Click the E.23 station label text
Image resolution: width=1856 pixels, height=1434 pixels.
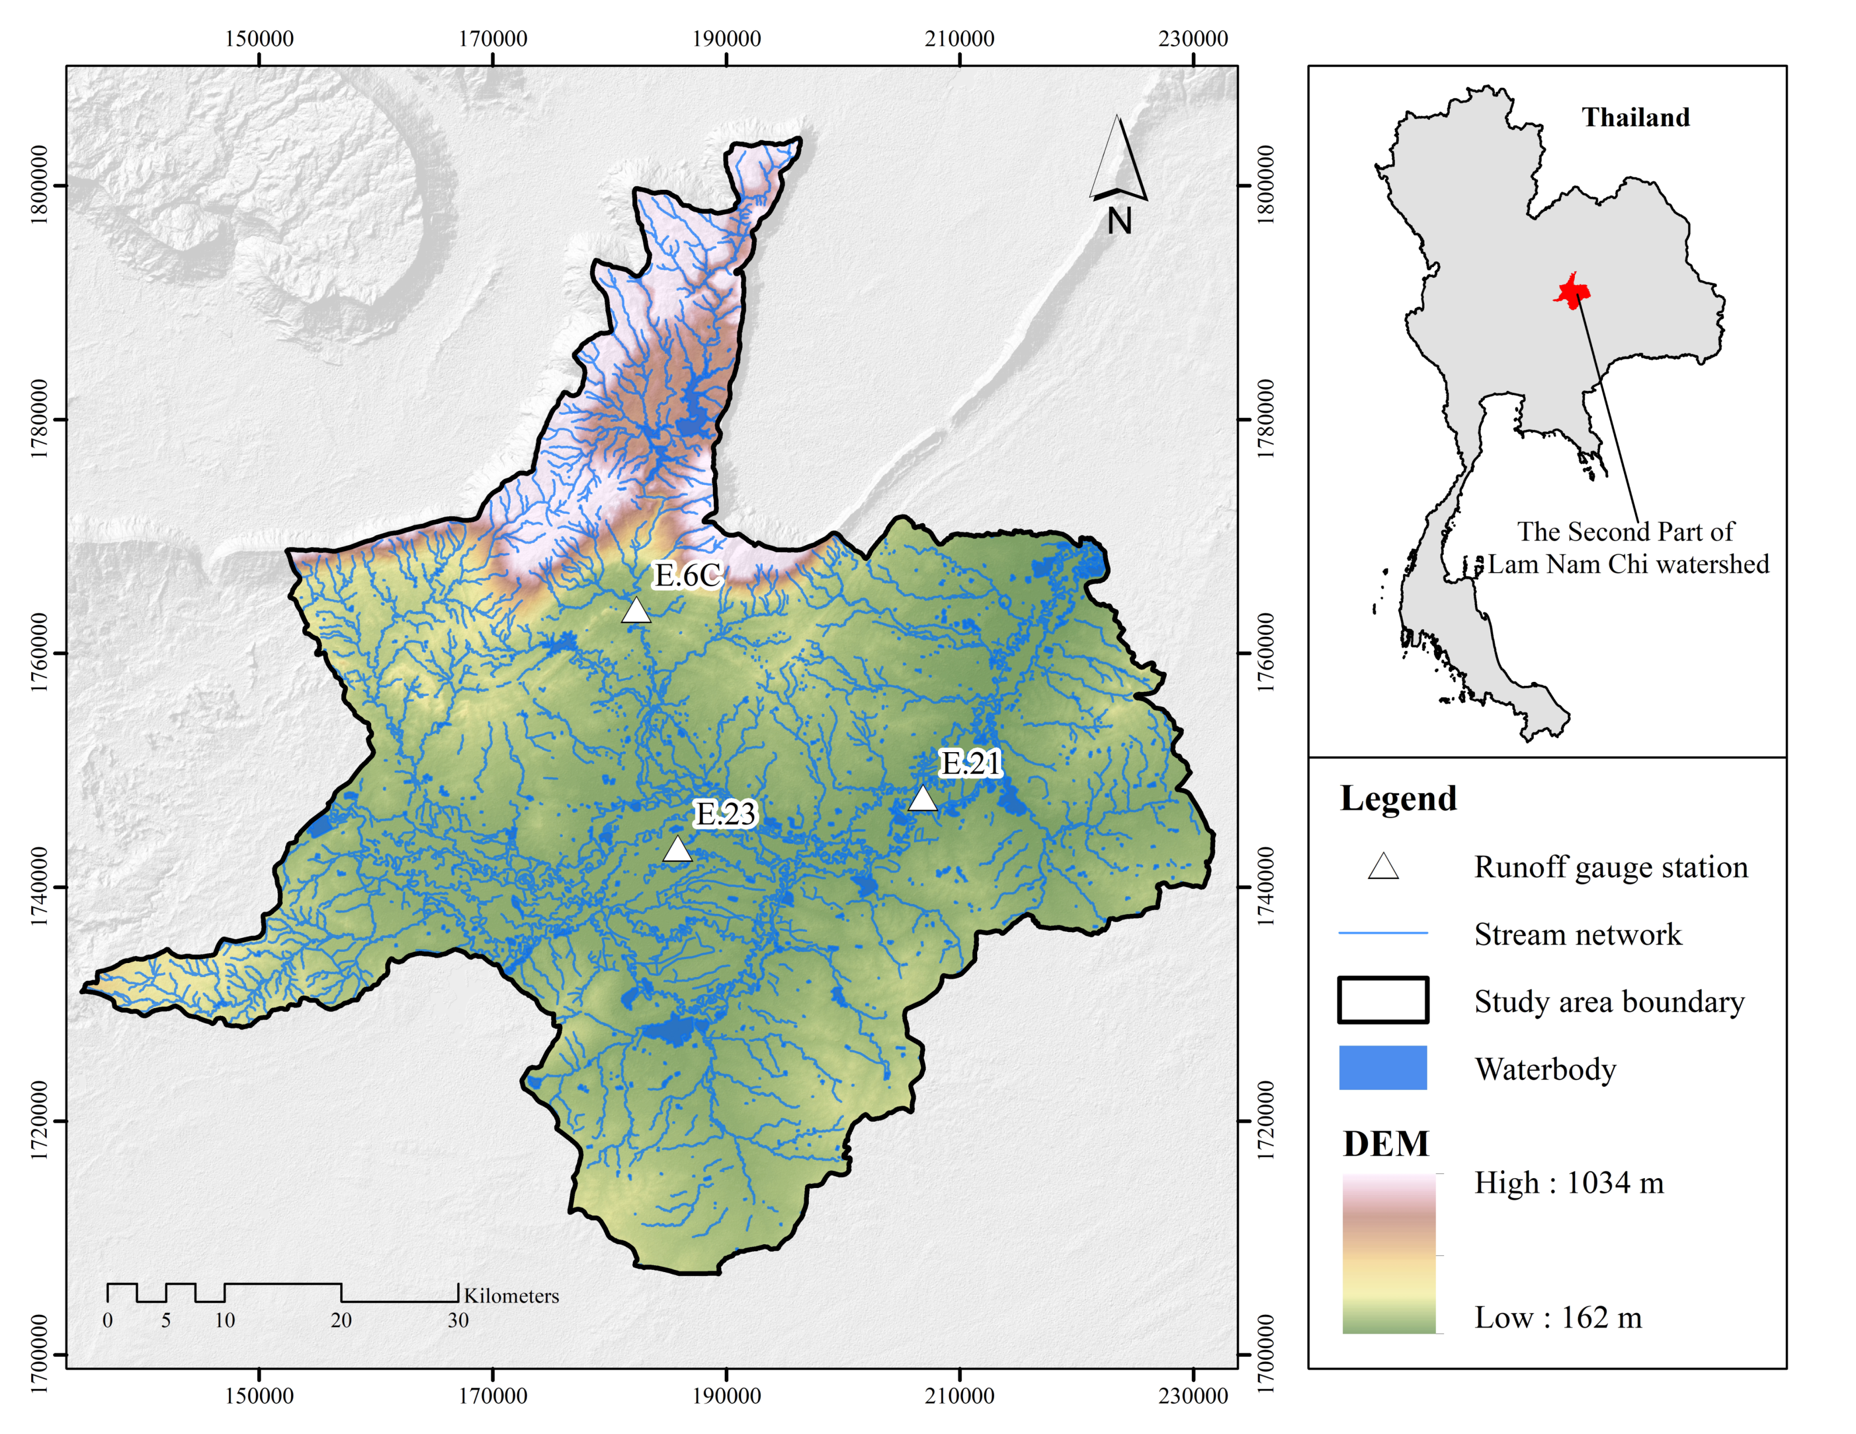click(x=725, y=814)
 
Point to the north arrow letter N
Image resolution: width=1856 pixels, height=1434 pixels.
click(x=1119, y=222)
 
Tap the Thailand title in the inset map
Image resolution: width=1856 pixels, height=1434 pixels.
click(x=1635, y=117)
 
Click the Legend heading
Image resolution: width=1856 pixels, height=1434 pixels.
click(x=1398, y=799)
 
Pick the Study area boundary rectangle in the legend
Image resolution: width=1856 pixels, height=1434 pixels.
click(x=1382, y=1000)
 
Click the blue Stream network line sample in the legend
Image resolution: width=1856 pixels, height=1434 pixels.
click(x=1382, y=933)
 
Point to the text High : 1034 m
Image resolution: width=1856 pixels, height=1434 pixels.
click(x=1568, y=1183)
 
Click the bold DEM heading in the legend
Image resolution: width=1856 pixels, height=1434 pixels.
click(x=1385, y=1144)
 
